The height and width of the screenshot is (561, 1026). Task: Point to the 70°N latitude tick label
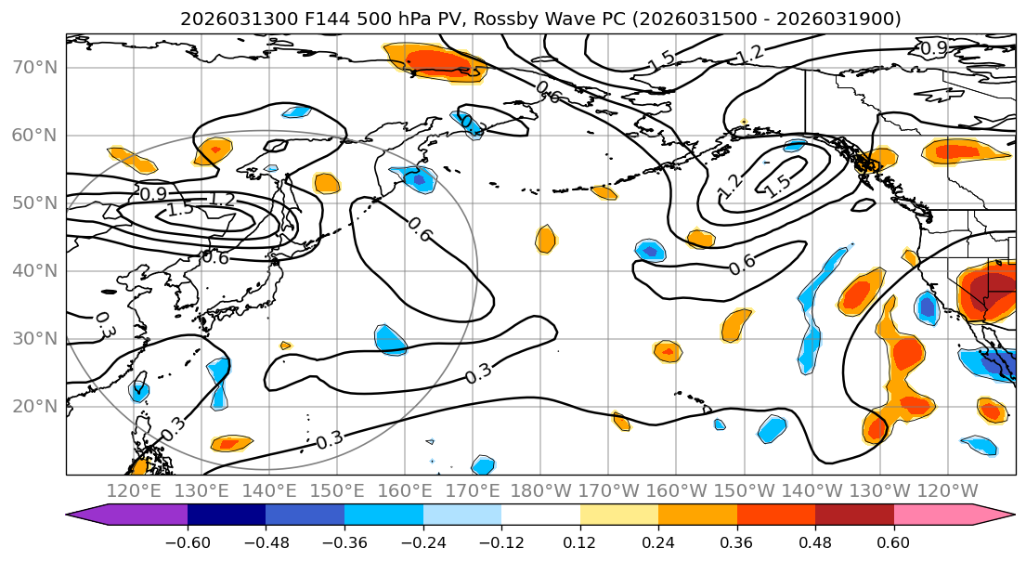point(34,68)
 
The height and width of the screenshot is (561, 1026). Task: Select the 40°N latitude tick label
point(34,271)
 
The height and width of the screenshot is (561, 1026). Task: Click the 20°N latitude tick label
point(34,407)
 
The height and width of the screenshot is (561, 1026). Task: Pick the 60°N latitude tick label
point(34,136)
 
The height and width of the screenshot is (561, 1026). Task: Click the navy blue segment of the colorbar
point(227,515)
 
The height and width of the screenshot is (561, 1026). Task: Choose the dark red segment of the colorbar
point(854,515)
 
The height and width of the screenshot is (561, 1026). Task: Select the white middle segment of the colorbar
point(540,515)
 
